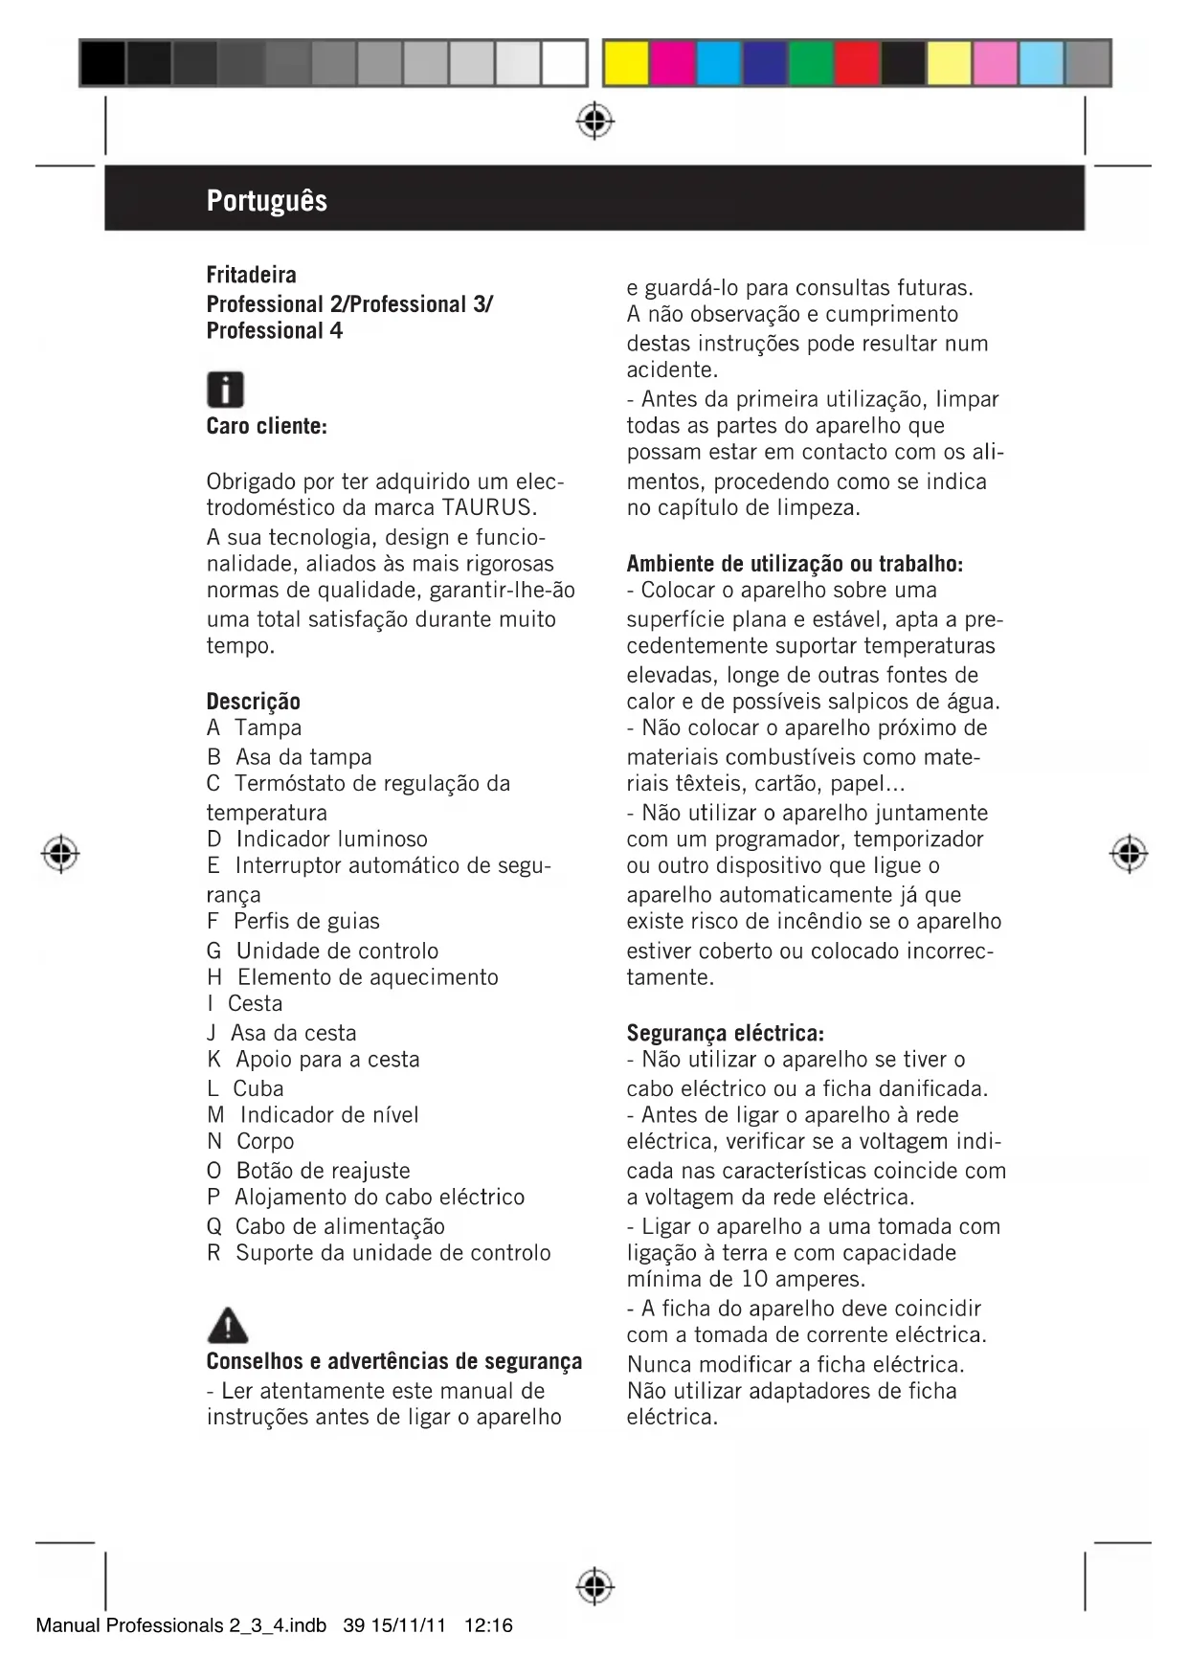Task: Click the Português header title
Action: tap(266, 201)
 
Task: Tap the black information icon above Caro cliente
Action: tap(225, 390)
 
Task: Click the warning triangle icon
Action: tap(227, 1326)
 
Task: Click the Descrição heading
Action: tap(253, 701)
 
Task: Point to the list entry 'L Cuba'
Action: tap(245, 1088)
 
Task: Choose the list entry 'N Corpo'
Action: tap(251, 1141)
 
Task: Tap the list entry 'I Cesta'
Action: tap(245, 1003)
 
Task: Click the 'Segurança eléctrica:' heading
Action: tap(725, 1033)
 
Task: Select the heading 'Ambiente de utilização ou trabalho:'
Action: tap(795, 564)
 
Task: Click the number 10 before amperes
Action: tap(755, 1279)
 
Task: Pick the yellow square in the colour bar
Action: tap(626, 63)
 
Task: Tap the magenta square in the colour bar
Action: tap(672, 63)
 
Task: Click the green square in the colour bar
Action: tap(811, 63)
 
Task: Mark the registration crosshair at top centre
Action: tap(595, 121)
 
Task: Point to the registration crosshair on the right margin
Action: tap(1129, 852)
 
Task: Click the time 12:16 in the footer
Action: tap(488, 1625)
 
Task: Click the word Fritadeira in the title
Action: tap(251, 275)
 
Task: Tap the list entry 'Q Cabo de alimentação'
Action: tap(325, 1226)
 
